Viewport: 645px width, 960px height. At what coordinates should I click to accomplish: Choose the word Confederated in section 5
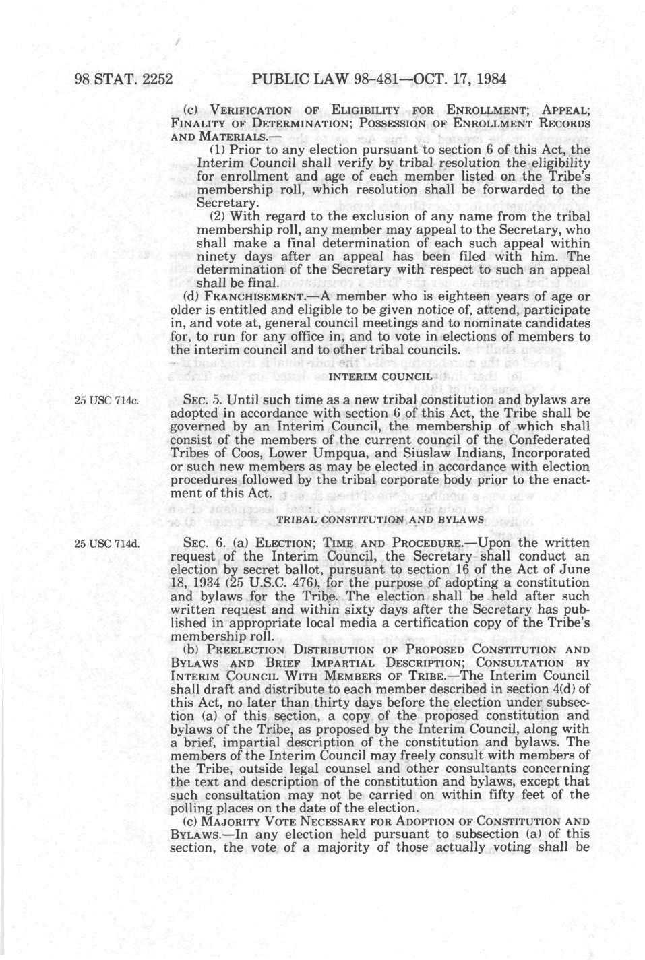click(549, 439)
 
